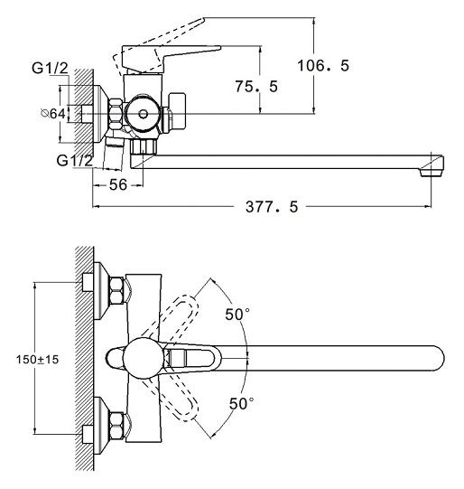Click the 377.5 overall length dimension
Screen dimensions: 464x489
pyautogui.click(x=272, y=206)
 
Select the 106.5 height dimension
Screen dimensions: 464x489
pyautogui.click(x=323, y=65)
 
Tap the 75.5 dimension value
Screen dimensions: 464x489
pyautogui.click(x=256, y=87)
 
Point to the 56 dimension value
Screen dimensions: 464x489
pyautogui.click(x=118, y=184)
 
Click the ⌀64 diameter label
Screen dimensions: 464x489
pyautogui.click(x=53, y=114)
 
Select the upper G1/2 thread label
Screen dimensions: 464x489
pyautogui.click(x=50, y=68)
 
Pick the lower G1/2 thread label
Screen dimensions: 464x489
pyautogui.click(x=75, y=160)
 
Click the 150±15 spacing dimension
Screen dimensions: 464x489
pyautogui.click(x=37, y=360)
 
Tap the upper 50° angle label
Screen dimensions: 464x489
pyautogui.click(x=237, y=314)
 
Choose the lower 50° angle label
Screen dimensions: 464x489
pyautogui.click(x=241, y=403)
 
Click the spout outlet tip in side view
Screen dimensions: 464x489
pyautogui.click(x=432, y=173)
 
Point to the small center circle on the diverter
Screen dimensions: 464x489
pyautogui.click(x=144, y=114)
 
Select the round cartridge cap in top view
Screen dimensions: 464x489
pyautogui.click(x=144, y=358)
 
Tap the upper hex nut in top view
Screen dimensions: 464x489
pyautogui.click(x=116, y=291)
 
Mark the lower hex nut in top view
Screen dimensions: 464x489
pyautogui.click(x=116, y=425)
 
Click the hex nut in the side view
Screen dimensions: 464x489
pyautogui.click(x=116, y=114)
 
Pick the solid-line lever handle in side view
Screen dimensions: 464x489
pyautogui.click(x=172, y=57)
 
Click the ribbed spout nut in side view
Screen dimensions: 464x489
pyautogui.click(x=144, y=146)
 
